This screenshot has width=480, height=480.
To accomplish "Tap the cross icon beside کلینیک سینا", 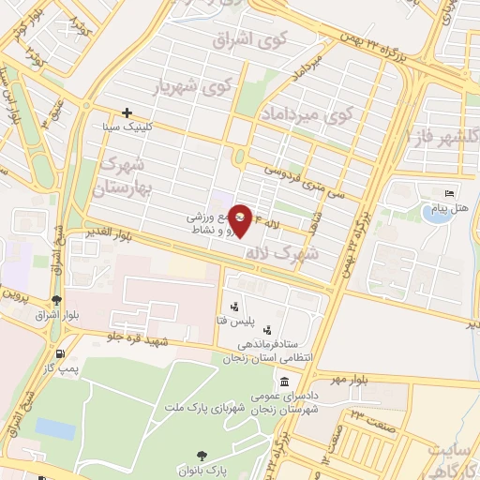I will [127, 112].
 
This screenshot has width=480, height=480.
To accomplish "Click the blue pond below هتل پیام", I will [435, 214].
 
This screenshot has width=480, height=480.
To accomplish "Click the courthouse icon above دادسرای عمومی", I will [284, 382].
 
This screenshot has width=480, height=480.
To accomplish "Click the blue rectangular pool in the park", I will [55, 429].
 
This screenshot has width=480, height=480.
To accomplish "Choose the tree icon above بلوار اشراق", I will [57, 301].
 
